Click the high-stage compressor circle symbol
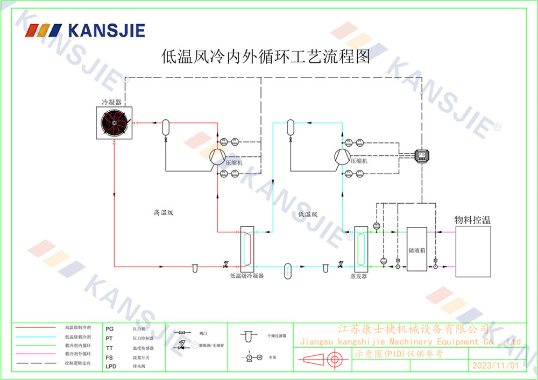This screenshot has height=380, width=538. pyautogui.click(x=217, y=156)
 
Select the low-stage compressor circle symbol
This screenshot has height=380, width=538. pyautogui.click(x=342, y=156)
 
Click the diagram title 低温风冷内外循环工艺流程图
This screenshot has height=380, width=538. pyautogui.click(x=266, y=57)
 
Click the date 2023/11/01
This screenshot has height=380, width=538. pyautogui.click(x=494, y=365)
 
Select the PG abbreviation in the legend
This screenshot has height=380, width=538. pyautogui.click(x=110, y=328)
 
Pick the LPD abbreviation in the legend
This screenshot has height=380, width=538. pyautogui.click(x=111, y=367)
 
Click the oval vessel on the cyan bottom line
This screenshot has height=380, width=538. pyautogui.click(x=287, y=268)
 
